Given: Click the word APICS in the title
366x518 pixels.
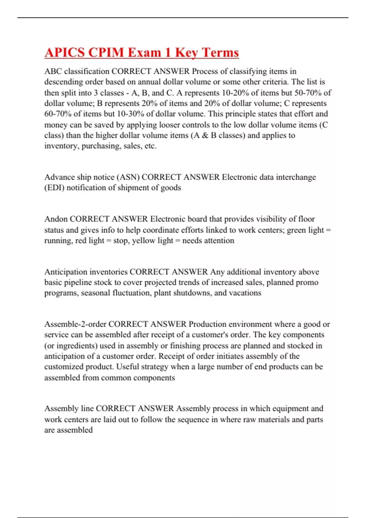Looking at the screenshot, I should [65, 52].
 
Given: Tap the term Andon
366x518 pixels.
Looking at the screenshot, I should [56, 219].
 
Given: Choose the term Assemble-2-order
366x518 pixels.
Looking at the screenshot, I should [75, 324].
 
